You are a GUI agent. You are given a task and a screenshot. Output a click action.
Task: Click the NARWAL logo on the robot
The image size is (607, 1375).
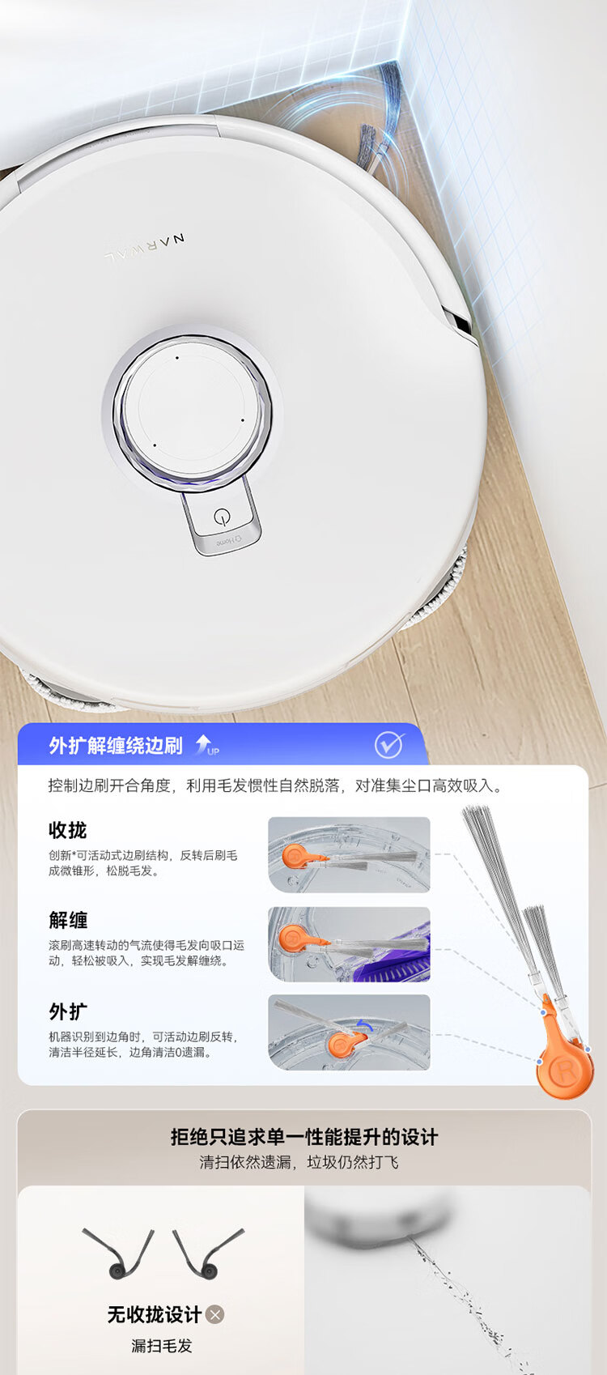click(145, 248)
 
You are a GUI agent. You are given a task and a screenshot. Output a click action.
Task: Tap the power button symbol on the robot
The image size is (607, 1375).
click(223, 517)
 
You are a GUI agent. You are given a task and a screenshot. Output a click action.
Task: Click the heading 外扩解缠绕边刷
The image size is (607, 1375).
click(116, 745)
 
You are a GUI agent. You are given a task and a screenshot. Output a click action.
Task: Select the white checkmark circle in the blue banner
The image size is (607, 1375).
click(389, 745)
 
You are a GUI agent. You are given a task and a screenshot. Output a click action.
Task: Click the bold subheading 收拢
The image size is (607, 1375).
click(67, 830)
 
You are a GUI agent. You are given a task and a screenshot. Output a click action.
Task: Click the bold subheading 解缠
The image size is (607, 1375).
click(67, 920)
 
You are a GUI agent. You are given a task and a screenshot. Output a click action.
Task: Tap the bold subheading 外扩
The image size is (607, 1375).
click(67, 1011)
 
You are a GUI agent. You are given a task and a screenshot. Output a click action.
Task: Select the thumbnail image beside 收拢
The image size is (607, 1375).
click(349, 854)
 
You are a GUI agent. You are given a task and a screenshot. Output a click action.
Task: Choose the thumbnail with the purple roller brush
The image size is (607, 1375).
click(349, 944)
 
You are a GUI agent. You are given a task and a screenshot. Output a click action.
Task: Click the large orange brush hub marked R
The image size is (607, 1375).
click(564, 1071)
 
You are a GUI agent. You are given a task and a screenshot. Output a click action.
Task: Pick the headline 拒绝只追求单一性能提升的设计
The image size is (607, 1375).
click(303, 1137)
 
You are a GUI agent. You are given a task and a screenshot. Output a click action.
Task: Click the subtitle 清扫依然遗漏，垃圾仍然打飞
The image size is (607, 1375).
click(299, 1162)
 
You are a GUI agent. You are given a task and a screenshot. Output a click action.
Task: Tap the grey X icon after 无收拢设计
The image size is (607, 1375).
click(214, 1314)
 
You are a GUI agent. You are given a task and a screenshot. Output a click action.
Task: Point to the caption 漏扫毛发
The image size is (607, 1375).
click(161, 1346)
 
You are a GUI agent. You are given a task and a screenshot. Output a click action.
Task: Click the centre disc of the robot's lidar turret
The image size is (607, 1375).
click(192, 406)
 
